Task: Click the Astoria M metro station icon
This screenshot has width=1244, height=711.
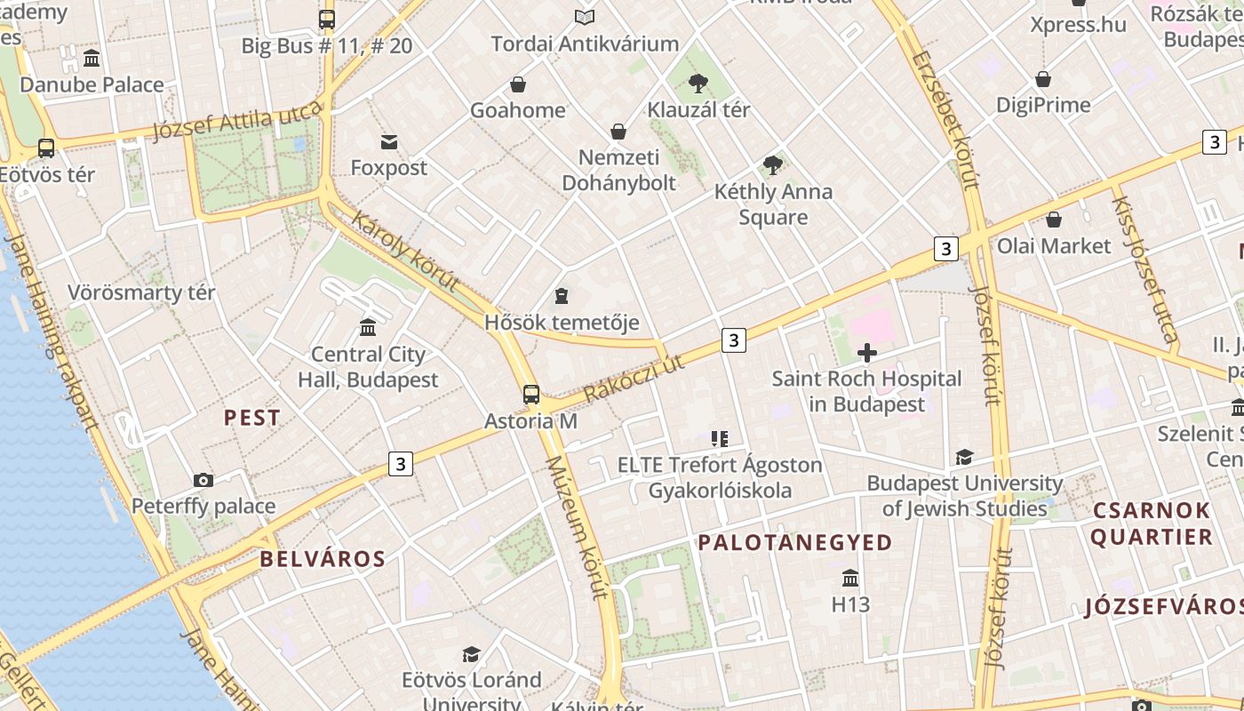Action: pos(531,394)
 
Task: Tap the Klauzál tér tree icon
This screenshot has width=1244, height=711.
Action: pos(698,84)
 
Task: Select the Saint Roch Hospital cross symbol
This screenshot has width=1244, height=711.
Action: pos(866,353)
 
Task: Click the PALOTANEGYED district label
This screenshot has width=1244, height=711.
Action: pos(794,542)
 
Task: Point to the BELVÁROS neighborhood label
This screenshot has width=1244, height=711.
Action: pos(323,559)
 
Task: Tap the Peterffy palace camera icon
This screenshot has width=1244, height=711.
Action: pos(203,480)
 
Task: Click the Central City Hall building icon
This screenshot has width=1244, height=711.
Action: pos(368,328)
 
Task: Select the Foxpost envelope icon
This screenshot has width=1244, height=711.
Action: pos(389,141)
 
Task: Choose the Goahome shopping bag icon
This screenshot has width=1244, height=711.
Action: pos(518,84)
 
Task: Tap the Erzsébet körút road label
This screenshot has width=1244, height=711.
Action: pos(945,120)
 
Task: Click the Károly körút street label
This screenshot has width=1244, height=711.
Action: pos(405,251)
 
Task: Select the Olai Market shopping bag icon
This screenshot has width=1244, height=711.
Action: pos(1054,220)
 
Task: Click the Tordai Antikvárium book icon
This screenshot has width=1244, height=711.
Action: pos(584,17)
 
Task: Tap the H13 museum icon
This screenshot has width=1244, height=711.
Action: pos(850,578)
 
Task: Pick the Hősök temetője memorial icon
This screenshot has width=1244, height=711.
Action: pos(561,295)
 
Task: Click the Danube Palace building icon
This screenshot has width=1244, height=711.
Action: pos(92,59)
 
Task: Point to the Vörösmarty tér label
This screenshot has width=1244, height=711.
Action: pos(142,292)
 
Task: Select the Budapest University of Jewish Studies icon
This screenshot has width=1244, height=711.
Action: pos(964,457)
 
